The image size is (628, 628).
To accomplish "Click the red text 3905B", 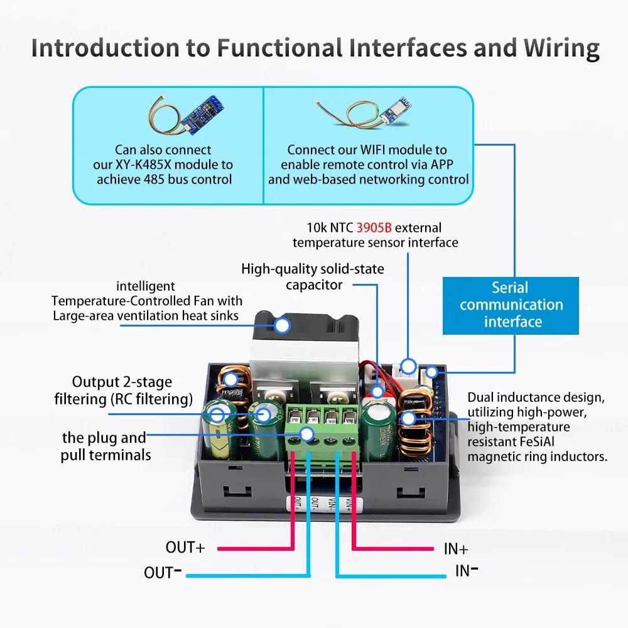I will (374, 227).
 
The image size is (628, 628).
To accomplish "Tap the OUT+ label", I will (185, 547).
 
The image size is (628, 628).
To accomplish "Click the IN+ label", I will (456, 548).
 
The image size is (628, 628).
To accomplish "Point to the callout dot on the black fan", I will (282, 325).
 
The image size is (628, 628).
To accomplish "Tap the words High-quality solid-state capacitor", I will (313, 276).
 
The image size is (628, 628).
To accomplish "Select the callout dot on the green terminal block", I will (306, 433).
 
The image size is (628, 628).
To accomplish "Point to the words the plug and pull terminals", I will (104, 446).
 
